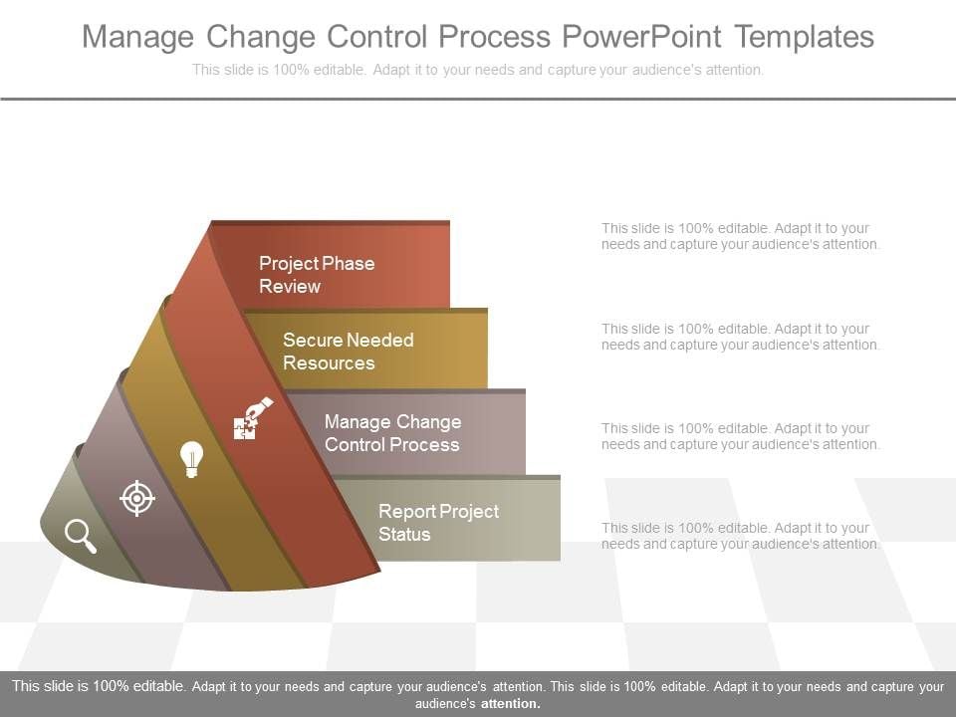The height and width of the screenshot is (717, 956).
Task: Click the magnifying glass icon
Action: coord(81,536)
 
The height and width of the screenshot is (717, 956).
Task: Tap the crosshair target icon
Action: coord(137,497)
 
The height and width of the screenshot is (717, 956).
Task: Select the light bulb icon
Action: coord(191,459)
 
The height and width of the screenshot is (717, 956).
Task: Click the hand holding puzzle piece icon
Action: coord(251,418)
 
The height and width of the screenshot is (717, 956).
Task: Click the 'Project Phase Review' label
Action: coord(317,275)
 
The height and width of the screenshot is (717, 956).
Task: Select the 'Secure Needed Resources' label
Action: coord(348,352)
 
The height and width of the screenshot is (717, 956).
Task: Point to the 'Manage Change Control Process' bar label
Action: coord(392,433)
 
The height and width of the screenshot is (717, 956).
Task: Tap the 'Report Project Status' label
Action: coord(438,523)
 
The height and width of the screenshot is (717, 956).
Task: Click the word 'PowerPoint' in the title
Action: coord(641,37)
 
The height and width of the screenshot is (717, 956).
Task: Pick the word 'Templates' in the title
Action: coord(805,37)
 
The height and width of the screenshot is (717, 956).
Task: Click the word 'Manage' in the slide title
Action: coord(138,37)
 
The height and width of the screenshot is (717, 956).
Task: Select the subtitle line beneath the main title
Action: coord(478,70)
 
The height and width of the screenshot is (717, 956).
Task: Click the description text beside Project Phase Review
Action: coord(740,236)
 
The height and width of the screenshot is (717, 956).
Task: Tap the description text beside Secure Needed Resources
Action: coord(740,337)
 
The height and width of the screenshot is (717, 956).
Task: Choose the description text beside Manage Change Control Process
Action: coord(740,436)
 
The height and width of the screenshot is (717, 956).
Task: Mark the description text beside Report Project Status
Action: coord(740,536)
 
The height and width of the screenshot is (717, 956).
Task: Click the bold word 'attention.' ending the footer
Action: coord(510,703)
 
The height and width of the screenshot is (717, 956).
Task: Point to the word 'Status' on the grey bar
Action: coord(404,535)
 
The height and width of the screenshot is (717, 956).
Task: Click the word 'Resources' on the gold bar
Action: coord(329,363)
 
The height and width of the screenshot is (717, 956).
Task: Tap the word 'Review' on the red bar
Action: coord(290,287)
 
